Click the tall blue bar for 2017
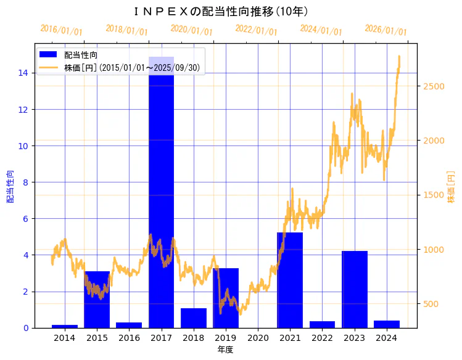pyautogui.click(x=161, y=185)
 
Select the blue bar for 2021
pyautogui.click(x=290, y=280)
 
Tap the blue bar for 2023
pyautogui.click(x=355, y=289)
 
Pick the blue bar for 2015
pyautogui.click(x=97, y=300)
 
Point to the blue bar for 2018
pyautogui.click(x=194, y=318)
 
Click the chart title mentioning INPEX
pyautogui.click(x=221, y=11)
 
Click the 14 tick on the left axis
pyautogui.click(x=23, y=73)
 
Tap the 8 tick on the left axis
pyautogui.click(x=25, y=182)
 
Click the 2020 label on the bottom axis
pyautogui.click(x=258, y=338)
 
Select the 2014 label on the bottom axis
pyautogui.click(x=65, y=338)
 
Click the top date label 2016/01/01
pyautogui.click(x=61, y=30)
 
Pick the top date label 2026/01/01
pyautogui.click(x=386, y=30)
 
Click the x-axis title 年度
pyautogui.click(x=225, y=350)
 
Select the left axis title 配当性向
pyautogui.click(x=10, y=186)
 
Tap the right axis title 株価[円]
pyautogui.click(x=451, y=188)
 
